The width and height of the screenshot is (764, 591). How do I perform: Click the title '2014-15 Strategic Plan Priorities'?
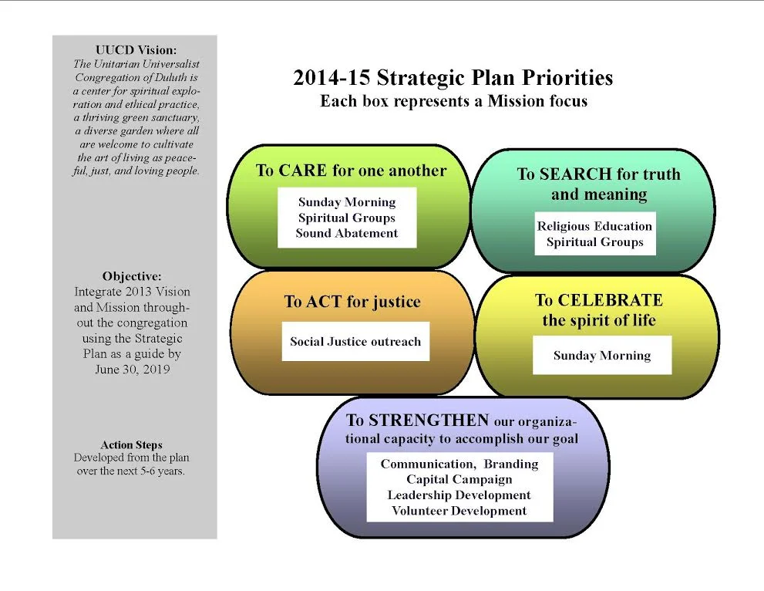(x=453, y=78)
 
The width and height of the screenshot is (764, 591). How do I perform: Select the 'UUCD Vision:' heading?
(x=136, y=50)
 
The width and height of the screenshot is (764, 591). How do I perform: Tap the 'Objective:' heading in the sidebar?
(x=132, y=276)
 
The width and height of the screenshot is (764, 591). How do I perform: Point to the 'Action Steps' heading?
(x=131, y=445)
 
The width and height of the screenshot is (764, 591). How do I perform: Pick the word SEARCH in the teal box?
(x=579, y=174)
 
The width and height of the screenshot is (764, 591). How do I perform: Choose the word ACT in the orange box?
(x=322, y=302)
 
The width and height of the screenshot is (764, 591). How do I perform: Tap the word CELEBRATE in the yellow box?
(x=609, y=300)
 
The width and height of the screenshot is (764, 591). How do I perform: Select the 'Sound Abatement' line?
(x=347, y=233)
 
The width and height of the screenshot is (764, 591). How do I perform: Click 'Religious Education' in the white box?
(x=594, y=226)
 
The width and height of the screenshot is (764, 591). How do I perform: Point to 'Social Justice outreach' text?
(x=355, y=341)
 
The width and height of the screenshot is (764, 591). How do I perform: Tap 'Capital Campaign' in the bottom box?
(x=459, y=480)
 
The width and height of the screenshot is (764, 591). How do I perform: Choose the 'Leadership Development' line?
(x=459, y=495)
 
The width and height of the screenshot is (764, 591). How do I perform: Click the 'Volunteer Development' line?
(x=459, y=511)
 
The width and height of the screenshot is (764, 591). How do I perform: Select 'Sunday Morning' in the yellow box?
(x=602, y=356)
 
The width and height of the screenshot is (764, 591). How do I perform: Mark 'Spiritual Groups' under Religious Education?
(x=594, y=241)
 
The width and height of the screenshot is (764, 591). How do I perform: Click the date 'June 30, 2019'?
(x=131, y=369)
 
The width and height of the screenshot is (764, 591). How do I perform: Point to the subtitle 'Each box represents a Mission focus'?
(x=453, y=101)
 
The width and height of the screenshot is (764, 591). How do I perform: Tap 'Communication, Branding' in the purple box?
(x=459, y=464)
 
